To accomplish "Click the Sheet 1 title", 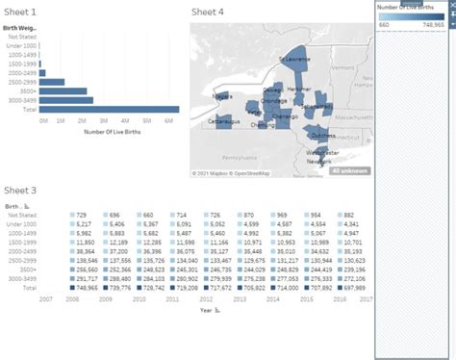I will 21,13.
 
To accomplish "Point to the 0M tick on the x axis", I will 43,121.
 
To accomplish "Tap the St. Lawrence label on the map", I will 294,60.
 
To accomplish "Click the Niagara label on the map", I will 222,96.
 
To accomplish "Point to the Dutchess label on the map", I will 323,135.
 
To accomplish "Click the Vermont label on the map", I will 342,69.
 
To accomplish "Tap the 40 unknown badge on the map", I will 348,170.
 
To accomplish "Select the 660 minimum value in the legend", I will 384,25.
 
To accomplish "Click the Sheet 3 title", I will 21,191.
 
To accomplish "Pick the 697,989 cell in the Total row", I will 353,287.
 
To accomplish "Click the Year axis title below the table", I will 205,310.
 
